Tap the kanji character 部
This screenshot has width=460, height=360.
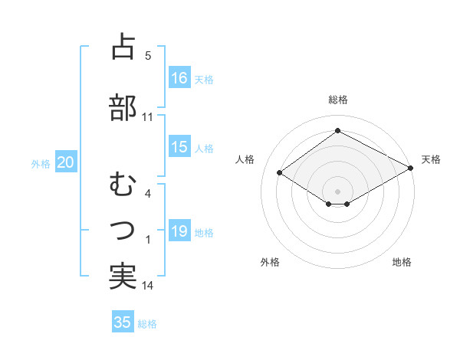[x=123, y=107]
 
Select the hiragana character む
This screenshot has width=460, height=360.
[x=123, y=185]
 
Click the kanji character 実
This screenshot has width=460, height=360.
[x=123, y=277]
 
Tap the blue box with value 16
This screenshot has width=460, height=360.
[x=179, y=78]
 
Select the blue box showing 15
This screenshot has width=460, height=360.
[x=179, y=148]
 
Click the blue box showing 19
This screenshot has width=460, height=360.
[x=179, y=232]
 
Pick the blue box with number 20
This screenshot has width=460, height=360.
[x=66, y=162]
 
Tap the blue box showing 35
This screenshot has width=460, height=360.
[x=123, y=322]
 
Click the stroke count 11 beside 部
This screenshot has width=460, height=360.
[x=147, y=117]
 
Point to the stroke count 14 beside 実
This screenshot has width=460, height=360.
[x=147, y=286]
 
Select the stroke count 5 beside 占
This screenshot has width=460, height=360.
[x=148, y=56]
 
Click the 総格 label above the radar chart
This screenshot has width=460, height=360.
[x=337, y=100]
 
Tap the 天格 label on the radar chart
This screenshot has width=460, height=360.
[x=431, y=159]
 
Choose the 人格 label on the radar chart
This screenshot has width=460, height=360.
[x=245, y=159]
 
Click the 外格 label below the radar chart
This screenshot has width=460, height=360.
[x=270, y=262]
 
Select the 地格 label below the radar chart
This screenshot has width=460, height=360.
[x=402, y=262]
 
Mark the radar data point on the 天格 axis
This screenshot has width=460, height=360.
[x=412, y=167]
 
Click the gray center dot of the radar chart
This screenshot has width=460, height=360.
[x=337, y=191]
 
